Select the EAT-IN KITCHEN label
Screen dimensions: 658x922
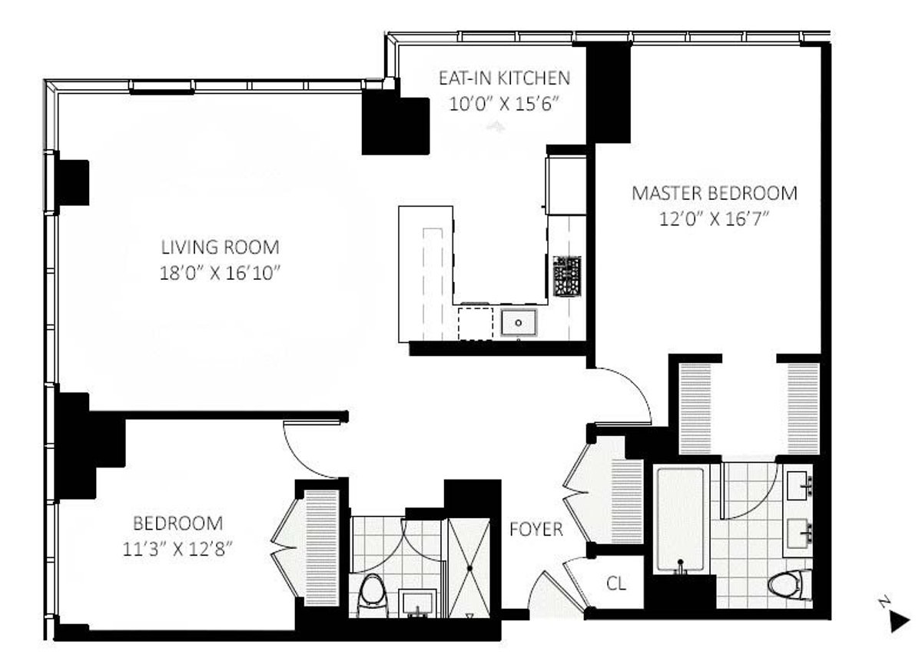coord(504,78)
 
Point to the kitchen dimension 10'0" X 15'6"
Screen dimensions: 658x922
coord(504,103)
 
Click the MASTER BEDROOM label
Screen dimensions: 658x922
coord(714,193)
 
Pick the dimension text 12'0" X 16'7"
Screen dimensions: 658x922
coord(714,218)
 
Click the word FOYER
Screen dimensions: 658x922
coord(536,530)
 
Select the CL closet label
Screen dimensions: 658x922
coord(616,583)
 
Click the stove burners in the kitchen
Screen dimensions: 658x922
coord(567,276)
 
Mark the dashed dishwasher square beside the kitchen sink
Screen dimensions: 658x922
coord(475,323)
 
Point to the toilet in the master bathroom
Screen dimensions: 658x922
coord(787,583)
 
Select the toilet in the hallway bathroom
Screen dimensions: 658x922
coord(373,592)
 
